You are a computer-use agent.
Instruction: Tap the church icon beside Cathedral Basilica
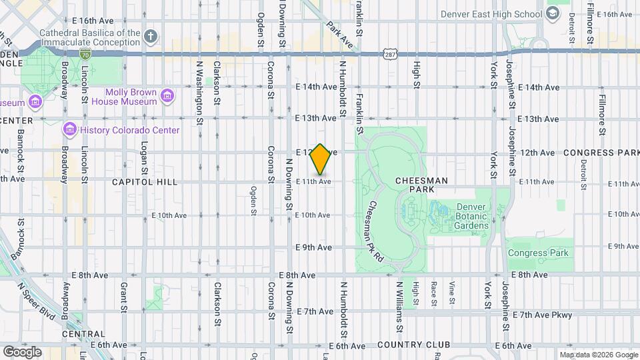[x=151, y=36]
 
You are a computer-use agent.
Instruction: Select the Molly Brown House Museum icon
[x=167, y=97]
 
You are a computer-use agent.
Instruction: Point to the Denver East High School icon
[x=553, y=14]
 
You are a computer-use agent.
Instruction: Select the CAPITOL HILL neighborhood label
[x=144, y=181]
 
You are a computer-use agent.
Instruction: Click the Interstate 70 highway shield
[x=85, y=52]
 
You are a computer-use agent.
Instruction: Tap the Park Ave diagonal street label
[x=339, y=34]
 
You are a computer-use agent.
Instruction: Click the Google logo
[x=22, y=351]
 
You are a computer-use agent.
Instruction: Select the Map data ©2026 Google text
[x=598, y=355]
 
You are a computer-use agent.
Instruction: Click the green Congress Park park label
[x=538, y=253]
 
